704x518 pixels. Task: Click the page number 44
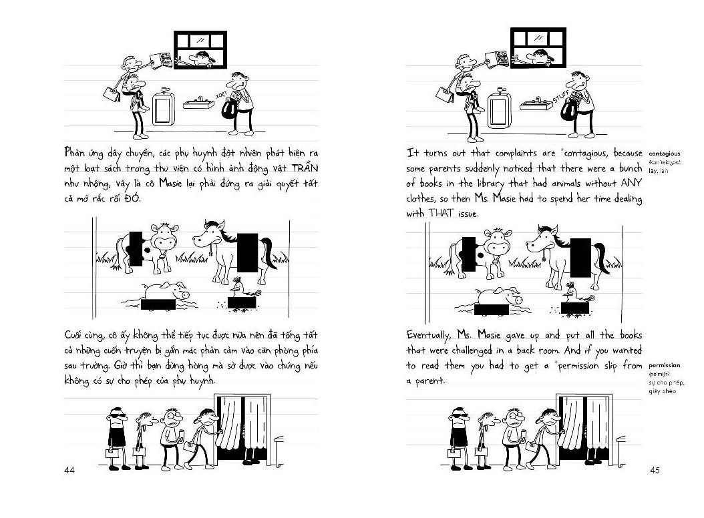click(x=69, y=471)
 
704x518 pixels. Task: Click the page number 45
click(x=654, y=471)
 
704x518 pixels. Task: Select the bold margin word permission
click(x=664, y=365)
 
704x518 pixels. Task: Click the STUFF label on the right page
click(x=561, y=99)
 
